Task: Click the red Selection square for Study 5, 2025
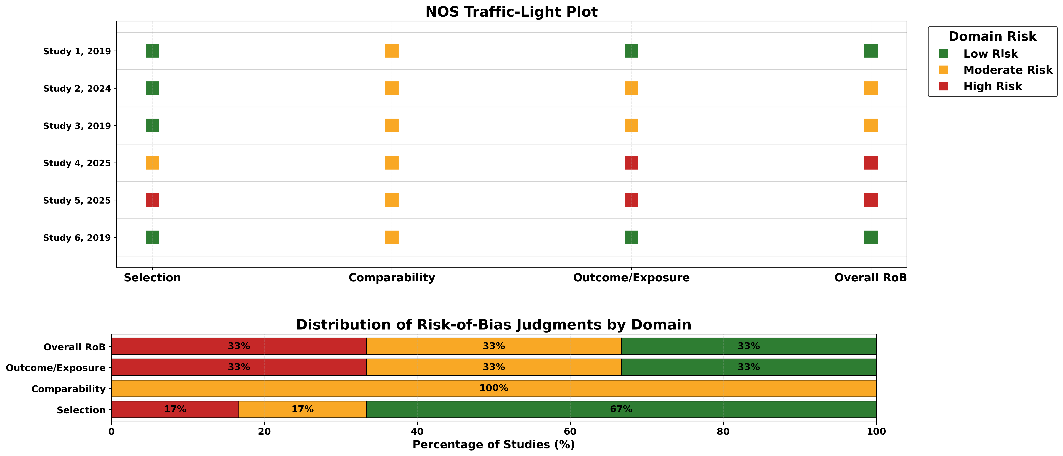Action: click(x=152, y=200)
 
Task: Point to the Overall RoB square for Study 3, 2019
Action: click(x=871, y=125)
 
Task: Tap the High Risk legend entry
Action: click(x=992, y=86)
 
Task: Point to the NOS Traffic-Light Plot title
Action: click(x=511, y=12)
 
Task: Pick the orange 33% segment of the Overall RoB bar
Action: click(x=493, y=346)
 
